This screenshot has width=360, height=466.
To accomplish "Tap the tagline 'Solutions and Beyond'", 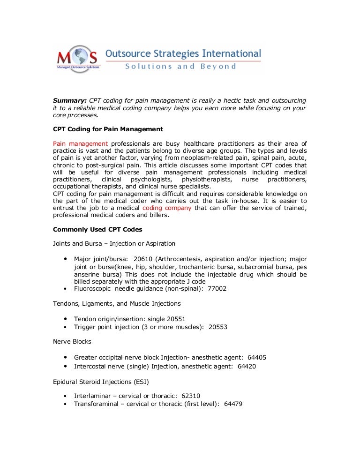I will click(180, 67).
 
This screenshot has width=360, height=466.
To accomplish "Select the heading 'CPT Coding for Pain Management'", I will click(108, 129).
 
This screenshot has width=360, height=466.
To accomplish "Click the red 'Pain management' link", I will click(80, 143).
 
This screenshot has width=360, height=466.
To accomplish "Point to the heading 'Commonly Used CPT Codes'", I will click(97, 229).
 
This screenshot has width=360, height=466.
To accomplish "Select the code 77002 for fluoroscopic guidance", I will click(217, 289).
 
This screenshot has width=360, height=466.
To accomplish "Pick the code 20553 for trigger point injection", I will click(218, 327).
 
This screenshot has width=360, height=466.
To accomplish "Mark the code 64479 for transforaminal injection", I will click(233, 404).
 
